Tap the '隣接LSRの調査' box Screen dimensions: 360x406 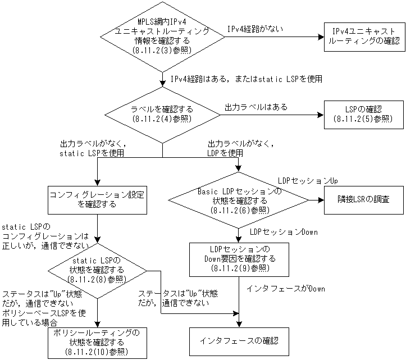point(363,200)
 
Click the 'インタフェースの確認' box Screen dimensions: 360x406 point(240,340)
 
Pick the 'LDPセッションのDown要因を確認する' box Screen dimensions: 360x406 point(240,259)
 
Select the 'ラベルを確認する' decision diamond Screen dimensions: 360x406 point(162,114)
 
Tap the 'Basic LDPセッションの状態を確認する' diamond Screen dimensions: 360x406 point(240,200)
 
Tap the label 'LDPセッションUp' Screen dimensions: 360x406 point(308,181)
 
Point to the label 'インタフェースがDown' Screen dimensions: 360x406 point(286,289)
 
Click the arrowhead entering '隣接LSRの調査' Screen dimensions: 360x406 point(321,200)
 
